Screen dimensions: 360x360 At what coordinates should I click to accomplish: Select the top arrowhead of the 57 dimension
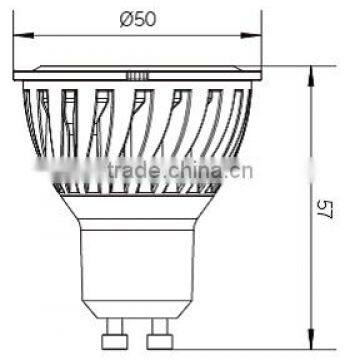(x=313, y=71)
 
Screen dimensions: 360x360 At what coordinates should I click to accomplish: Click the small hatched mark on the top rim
(x=137, y=73)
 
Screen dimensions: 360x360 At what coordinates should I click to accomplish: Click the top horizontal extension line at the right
(x=290, y=65)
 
